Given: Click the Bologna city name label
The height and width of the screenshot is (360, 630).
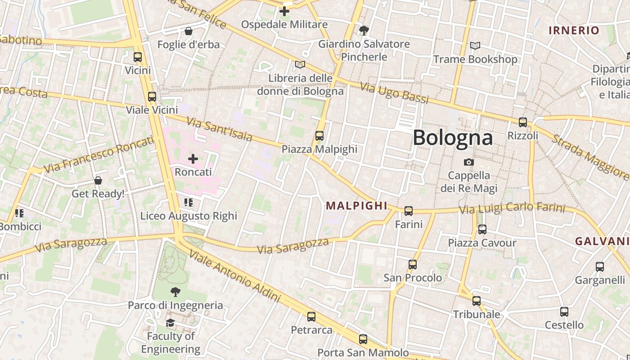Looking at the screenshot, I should coord(452,137).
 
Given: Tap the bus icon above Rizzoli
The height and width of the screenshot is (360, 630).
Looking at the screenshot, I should coord(522,122).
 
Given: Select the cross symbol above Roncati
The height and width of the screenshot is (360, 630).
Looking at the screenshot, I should coord(193,158).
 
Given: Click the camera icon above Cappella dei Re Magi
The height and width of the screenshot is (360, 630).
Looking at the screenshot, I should coord(469,162).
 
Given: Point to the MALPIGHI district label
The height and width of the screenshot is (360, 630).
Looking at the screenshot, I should coord(356,206).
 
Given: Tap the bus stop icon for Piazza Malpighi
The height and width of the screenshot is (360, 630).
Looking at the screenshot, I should coord(319,135).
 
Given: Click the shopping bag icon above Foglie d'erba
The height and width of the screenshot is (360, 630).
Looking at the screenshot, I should coord(189,31).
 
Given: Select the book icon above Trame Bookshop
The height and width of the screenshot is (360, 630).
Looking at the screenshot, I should coord(475,45).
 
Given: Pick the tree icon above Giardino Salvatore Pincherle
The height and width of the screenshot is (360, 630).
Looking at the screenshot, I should coord(364,30).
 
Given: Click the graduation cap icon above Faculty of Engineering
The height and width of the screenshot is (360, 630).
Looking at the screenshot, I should coord(170,323).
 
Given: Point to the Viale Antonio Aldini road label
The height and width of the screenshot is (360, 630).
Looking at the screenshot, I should coord(234,275).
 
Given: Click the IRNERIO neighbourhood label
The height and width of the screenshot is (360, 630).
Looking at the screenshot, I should coord(574,31).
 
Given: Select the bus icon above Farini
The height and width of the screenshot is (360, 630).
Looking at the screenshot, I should coord(409,211).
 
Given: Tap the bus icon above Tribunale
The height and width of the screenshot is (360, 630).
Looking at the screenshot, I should coord(477,301).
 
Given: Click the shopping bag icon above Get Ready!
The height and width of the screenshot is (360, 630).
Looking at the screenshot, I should coord(98,180).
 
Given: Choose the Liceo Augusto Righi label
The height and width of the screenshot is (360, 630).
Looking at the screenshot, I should coord(189,216).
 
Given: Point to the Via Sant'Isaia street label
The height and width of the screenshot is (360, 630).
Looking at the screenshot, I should coord(219,129).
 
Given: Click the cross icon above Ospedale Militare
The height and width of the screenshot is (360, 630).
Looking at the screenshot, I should coord(284,11).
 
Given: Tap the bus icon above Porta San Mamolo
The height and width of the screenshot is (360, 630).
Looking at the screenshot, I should coord(363,339).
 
